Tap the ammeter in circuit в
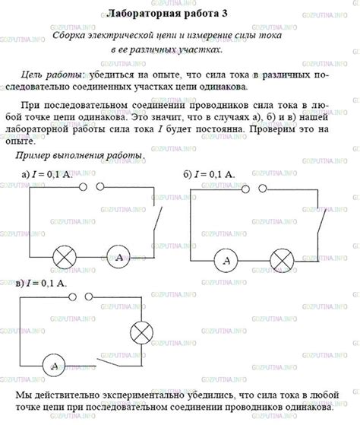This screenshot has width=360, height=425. [55, 366]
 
